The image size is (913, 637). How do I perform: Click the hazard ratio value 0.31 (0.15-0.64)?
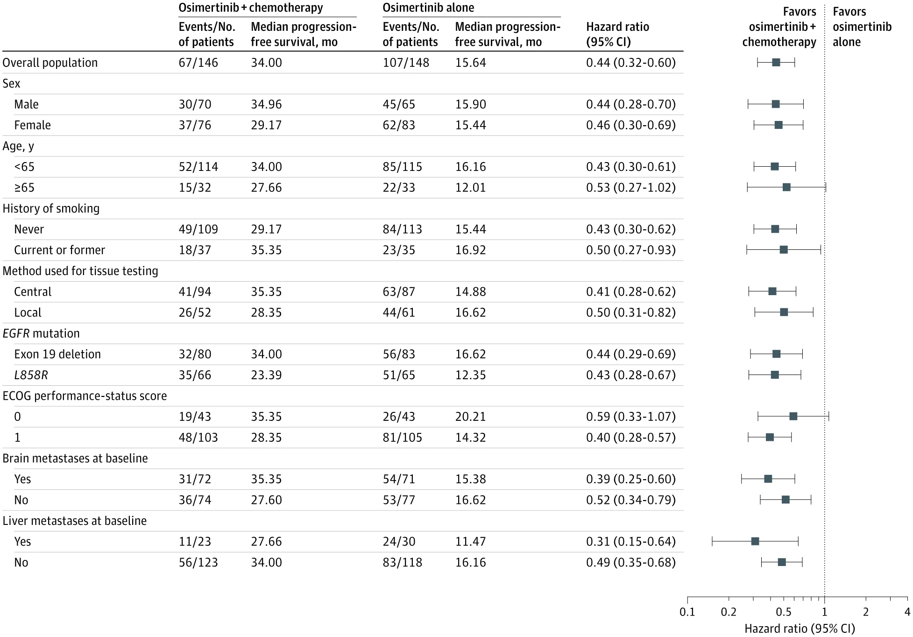pyautogui.click(x=631, y=542)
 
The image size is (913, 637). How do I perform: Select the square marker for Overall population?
pyautogui.click(x=776, y=63)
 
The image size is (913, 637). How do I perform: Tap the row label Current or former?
pyautogui.click(x=59, y=250)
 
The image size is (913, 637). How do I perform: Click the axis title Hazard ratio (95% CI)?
pyautogui.click(x=800, y=629)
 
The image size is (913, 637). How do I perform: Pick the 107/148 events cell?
pyautogui.click(x=406, y=63)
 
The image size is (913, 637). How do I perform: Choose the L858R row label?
pyautogui.click(x=31, y=375)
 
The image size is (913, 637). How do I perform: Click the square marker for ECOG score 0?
pyautogui.click(x=793, y=417)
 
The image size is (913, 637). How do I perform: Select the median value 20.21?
pyautogui.click(x=470, y=417)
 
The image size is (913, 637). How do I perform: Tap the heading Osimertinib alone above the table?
pyautogui.click(x=428, y=8)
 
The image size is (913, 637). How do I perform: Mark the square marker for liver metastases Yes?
pyautogui.click(x=755, y=542)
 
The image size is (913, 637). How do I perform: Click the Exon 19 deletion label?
pyautogui.click(x=57, y=354)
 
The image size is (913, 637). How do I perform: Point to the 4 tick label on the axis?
pyautogui.click(x=907, y=612)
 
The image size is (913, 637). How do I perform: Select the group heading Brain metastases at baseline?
pyautogui.click(x=75, y=458)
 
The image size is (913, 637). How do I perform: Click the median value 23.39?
pyautogui.click(x=266, y=375)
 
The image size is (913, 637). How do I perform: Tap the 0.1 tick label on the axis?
pyautogui.click(x=687, y=612)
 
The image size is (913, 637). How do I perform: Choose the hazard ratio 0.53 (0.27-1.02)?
pyautogui.click(x=631, y=188)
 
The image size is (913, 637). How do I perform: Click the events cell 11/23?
pyautogui.click(x=195, y=542)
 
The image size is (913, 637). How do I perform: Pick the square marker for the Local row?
pyautogui.click(x=784, y=312)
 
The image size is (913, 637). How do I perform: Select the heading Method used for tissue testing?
pyautogui.click(x=80, y=271)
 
